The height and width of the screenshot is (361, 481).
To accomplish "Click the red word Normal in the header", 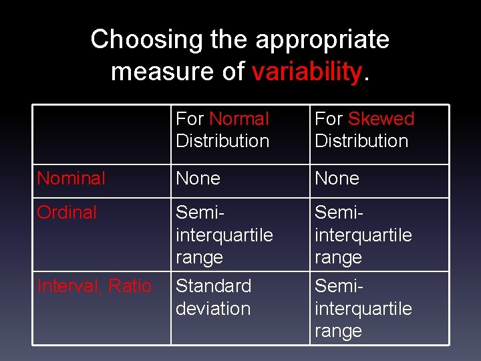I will tap(238, 119).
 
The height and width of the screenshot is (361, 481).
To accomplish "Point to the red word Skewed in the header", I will tap(381, 119).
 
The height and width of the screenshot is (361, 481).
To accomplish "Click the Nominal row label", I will tap(71, 178).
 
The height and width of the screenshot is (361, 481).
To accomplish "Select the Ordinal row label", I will tap(67, 213).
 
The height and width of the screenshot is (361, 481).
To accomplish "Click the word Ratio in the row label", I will tap(130, 286).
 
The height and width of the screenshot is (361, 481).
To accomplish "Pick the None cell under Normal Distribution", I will tap(198, 178).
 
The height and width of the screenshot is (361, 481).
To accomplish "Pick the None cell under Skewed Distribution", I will tap(337, 178).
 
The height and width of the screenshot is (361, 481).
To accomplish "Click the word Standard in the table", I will tap(213, 286).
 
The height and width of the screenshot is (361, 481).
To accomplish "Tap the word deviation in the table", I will tap(213, 309).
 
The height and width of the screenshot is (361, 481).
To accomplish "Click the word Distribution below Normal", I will tap(222, 141).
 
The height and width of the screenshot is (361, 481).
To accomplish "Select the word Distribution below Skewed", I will tap(361, 141).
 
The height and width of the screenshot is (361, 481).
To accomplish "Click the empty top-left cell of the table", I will tap(102, 134).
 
